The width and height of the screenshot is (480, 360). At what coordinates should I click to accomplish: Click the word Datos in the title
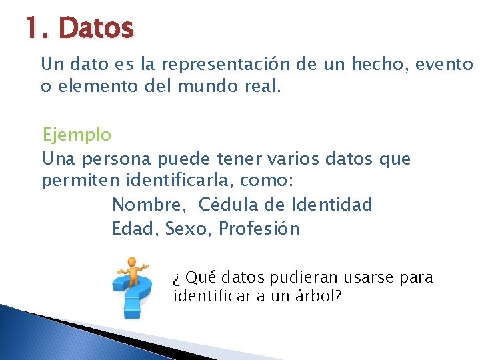tap(96, 28)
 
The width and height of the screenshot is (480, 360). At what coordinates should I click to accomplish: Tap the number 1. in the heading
tap(37, 28)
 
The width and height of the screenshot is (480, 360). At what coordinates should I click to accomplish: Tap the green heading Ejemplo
tap(77, 135)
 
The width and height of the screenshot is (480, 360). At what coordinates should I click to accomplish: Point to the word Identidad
tap(332, 205)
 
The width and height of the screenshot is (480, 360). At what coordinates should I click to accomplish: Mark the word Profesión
tap(259, 229)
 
